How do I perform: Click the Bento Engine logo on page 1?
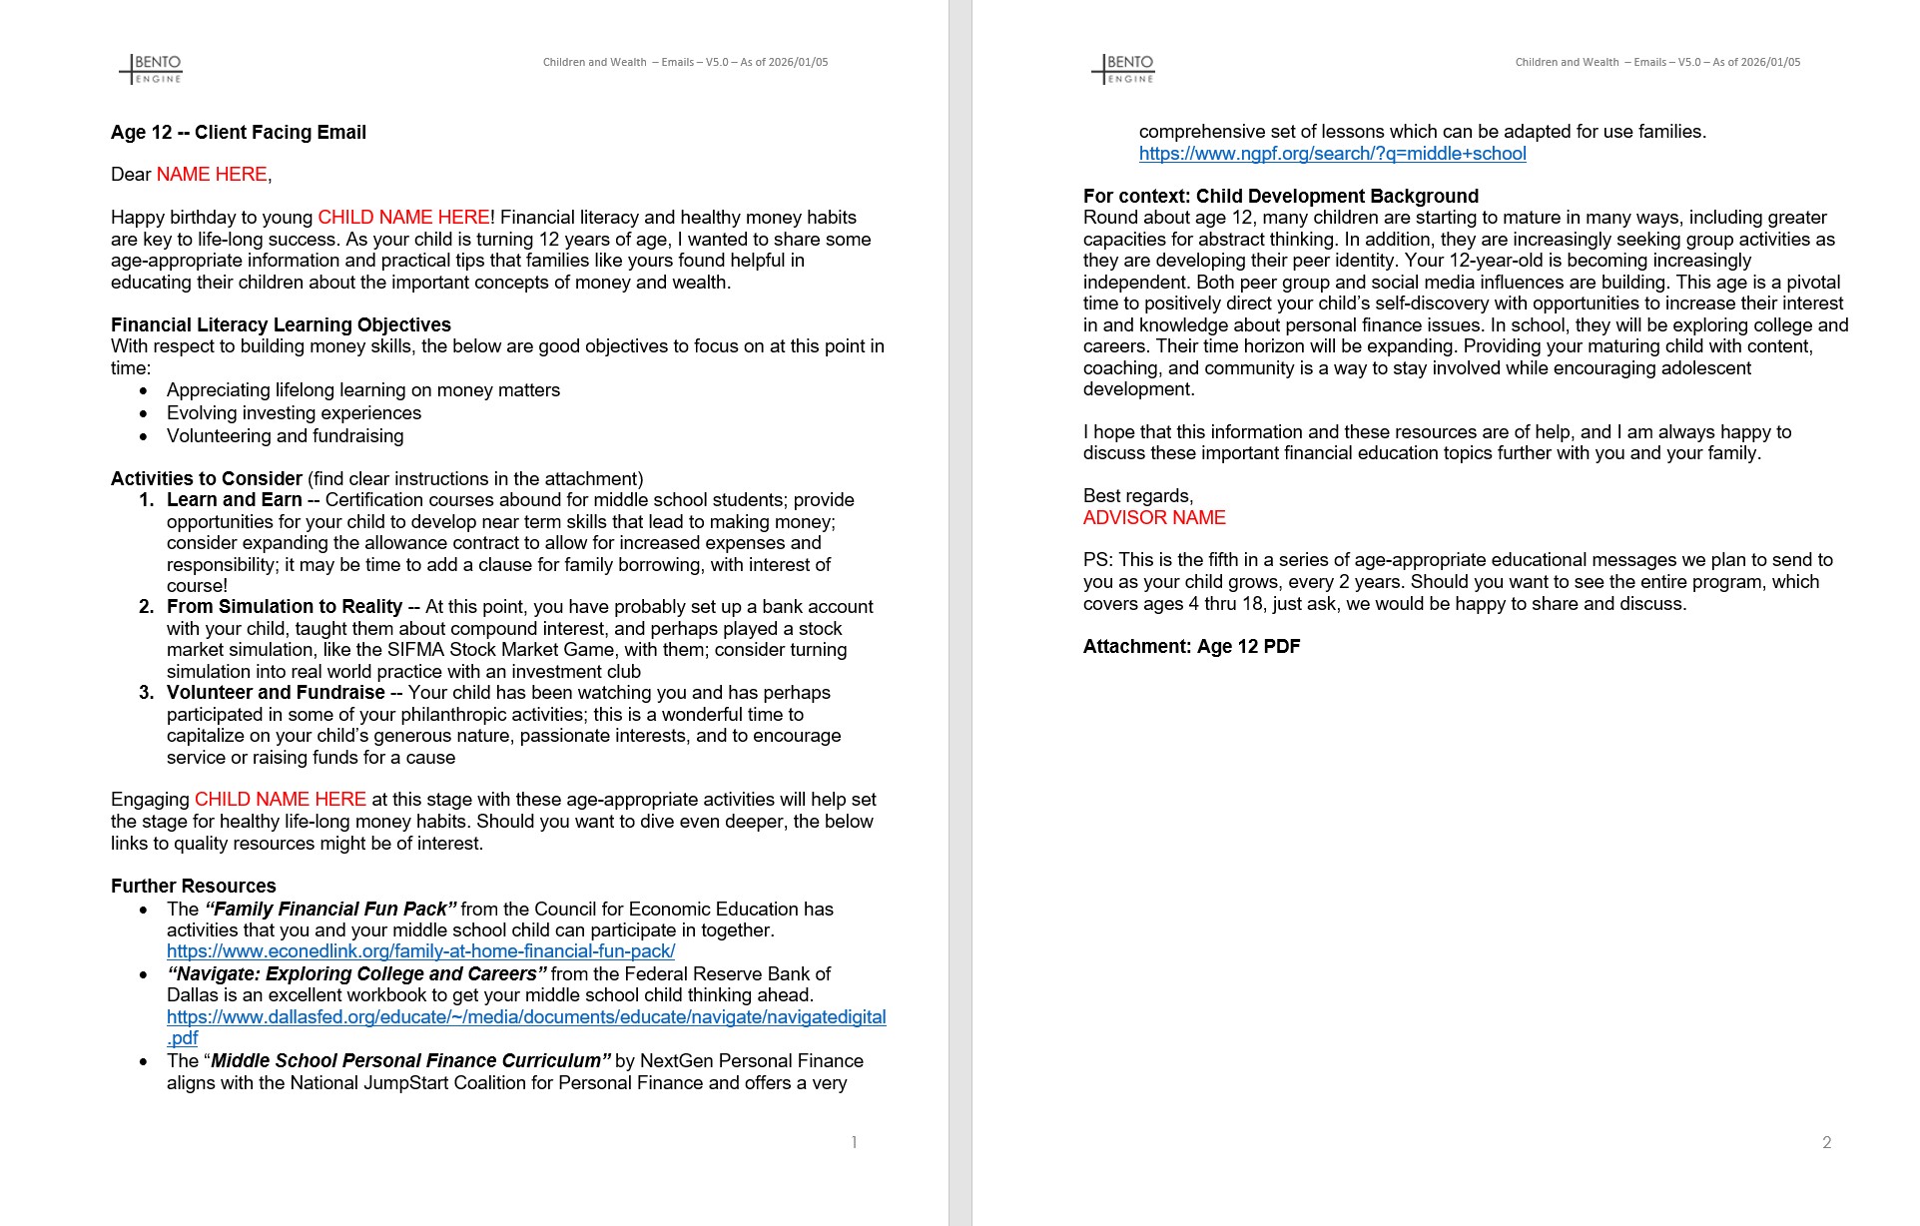coord(151,69)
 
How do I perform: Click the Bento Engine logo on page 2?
coord(1123,69)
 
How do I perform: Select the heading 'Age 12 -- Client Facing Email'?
coord(239,133)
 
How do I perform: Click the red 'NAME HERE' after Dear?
coord(212,175)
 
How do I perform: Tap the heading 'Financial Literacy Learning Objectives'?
coord(281,325)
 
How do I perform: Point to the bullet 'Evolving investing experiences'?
coord(294,413)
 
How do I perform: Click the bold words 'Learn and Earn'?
coord(235,500)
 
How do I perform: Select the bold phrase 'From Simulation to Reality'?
coord(285,607)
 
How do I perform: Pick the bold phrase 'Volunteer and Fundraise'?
coord(276,693)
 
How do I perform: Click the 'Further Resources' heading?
coord(194,887)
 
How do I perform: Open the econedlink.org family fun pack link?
coord(420,951)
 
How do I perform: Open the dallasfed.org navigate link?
coord(526,1017)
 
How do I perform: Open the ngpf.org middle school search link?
coord(1332,154)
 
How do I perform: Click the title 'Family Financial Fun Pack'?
coord(330,910)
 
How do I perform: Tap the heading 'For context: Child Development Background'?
coord(1281,197)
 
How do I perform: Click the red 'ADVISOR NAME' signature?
coord(1154,518)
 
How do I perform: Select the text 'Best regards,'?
coord(1138,496)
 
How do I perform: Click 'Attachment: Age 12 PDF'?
coord(1191,647)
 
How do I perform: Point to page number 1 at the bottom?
coord(854,1142)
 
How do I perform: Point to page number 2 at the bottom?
coord(1826,1142)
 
